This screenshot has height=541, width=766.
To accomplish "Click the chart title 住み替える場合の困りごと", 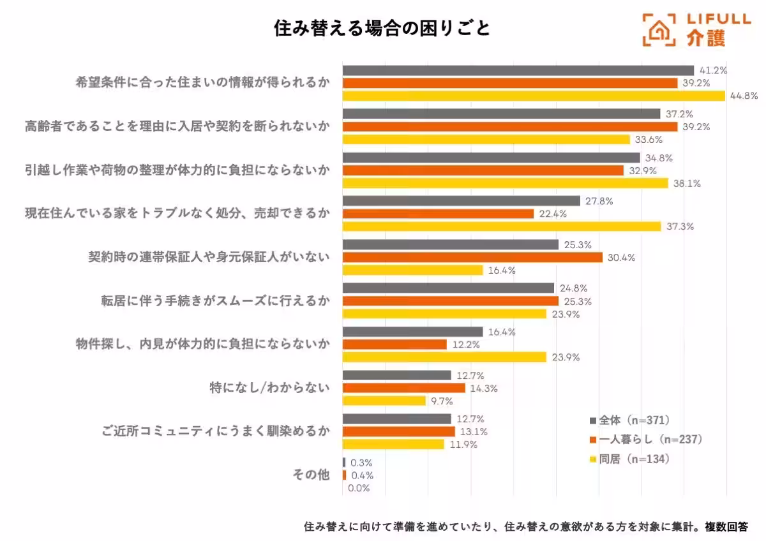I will (x=382, y=29).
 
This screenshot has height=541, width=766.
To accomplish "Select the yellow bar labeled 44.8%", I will (x=534, y=96).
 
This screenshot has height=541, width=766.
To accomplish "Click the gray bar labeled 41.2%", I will (x=518, y=70).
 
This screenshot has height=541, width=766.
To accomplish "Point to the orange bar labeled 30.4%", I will (x=472, y=257).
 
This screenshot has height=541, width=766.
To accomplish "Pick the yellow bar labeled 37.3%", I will (x=502, y=226).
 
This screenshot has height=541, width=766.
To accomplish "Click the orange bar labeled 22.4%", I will (x=438, y=214).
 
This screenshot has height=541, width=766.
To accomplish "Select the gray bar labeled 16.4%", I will (x=412, y=332).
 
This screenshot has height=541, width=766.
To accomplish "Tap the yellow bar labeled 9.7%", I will (x=384, y=401).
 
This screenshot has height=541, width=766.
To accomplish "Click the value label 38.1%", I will (x=687, y=183).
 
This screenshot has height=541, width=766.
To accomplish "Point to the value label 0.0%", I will (x=359, y=488).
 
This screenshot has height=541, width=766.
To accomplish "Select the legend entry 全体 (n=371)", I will (x=629, y=420).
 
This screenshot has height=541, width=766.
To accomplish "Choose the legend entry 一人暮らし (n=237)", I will (x=646, y=439).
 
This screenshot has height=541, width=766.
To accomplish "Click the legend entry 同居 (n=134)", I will (x=629, y=459).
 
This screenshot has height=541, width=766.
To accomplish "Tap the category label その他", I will (x=311, y=475).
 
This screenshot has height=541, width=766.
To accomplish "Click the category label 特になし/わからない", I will (x=269, y=387).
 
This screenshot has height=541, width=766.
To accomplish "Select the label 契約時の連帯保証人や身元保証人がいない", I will (x=209, y=256).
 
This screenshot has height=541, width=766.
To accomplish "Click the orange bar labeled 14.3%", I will (x=403, y=388).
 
